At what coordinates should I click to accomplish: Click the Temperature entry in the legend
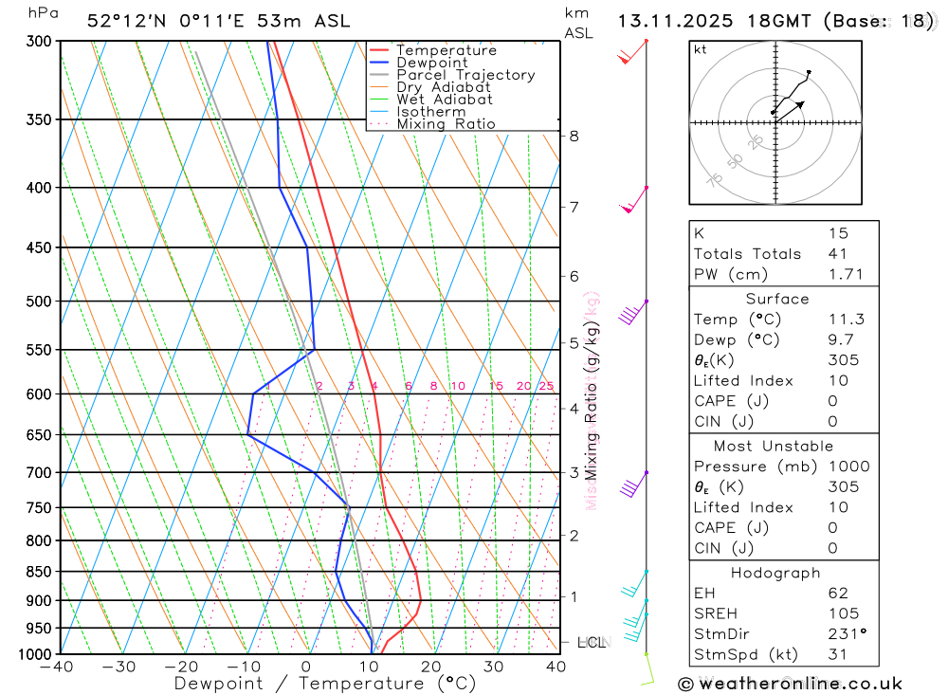[446, 50]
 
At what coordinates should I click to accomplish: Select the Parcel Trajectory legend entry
[465, 75]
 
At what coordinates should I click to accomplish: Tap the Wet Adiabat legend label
[445, 100]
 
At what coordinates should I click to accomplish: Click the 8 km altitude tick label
[574, 136]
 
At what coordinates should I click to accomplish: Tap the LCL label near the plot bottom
[591, 642]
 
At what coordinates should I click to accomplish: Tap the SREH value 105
[840, 613]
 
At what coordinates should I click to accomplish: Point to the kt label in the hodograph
[701, 49]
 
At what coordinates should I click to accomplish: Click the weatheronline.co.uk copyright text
[791, 684]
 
